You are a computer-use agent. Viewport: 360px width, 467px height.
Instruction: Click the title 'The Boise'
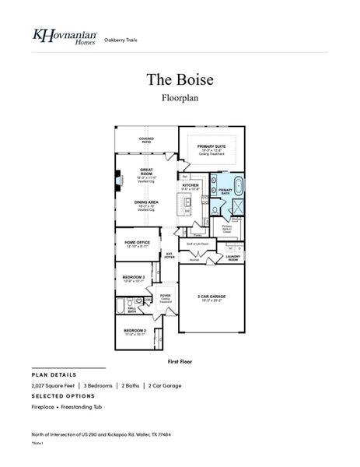179,80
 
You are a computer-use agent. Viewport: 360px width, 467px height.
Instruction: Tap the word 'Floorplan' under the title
179,98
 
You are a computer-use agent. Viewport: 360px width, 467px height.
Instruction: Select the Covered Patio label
146,140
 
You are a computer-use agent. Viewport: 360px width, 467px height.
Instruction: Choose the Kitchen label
190,186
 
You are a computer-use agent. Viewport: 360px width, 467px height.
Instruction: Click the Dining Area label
146,203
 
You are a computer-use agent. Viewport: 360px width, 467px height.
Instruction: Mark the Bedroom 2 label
135,332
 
